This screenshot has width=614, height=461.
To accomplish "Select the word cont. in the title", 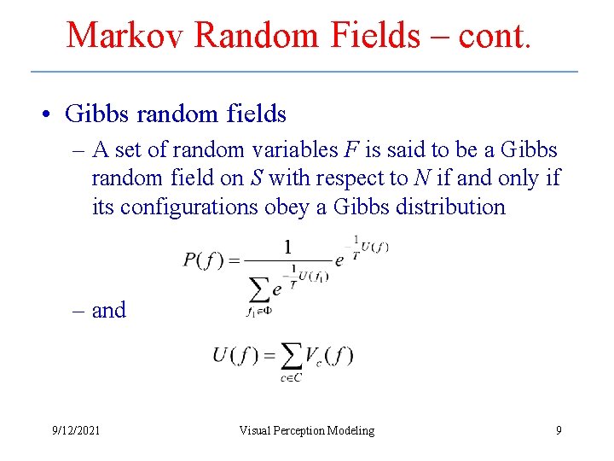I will [x=495, y=35].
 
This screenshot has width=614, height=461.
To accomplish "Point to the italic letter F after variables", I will [x=351, y=150].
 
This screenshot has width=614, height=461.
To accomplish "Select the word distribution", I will [x=446, y=207].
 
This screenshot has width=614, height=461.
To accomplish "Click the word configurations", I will [x=188, y=207].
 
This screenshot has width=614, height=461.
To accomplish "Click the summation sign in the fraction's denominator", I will [x=258, y=290].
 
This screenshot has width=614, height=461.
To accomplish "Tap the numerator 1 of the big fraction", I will [x=287, y=247].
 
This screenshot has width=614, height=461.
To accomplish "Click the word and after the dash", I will [x=109, y=310].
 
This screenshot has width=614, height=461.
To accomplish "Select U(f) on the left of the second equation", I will [x=231, y=354].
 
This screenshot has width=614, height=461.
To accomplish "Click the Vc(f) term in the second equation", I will [x=330, y=354].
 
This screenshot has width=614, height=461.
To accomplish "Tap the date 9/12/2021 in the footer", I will [x=76, y=430].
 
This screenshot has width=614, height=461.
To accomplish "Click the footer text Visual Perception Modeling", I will [x=307, y=430].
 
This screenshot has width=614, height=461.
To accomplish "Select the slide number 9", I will [x=559, y=430].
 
